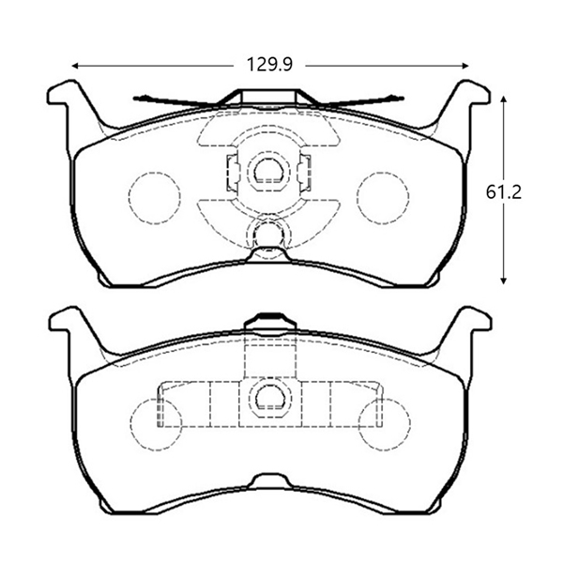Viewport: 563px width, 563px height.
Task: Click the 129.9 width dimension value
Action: (x=269, y=65)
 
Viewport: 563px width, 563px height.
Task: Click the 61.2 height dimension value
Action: (x=503, y=192)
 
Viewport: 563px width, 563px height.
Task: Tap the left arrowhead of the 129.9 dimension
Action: (x=75, y=66)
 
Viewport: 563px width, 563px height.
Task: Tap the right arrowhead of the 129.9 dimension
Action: (x=465, y=66)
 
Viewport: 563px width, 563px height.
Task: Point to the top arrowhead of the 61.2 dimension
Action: (x=503, y=99)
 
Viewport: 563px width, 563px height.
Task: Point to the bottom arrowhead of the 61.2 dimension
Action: (x=503, y=281)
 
